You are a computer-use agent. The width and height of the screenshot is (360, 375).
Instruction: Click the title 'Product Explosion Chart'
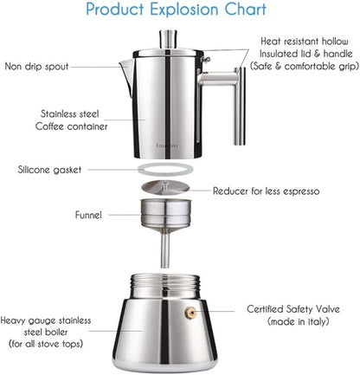pos(179,11)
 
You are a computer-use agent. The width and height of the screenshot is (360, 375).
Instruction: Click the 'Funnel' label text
pos(87,215)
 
